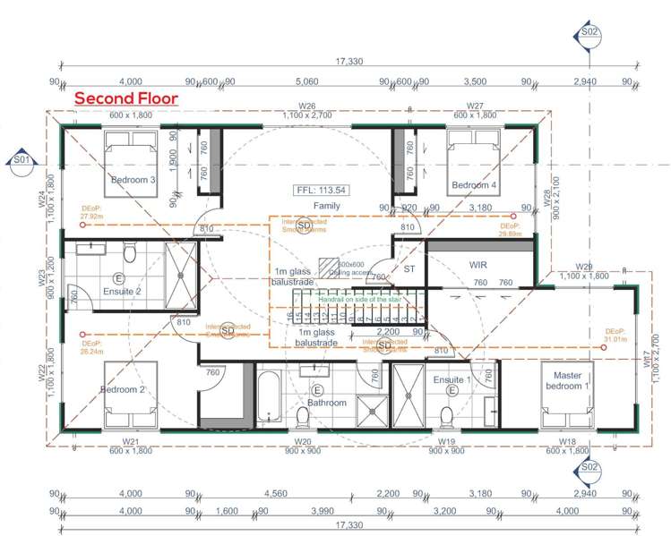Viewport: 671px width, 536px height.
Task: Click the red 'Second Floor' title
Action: point(126,98)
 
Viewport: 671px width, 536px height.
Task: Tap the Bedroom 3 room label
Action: point(133,180)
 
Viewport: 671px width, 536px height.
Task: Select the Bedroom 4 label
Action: point(471,185)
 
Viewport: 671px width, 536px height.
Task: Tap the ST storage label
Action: point(410,268)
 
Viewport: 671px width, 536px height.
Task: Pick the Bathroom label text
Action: point(326,403)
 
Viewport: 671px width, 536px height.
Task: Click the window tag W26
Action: point(307,106)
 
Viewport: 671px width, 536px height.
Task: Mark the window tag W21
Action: point(131,442)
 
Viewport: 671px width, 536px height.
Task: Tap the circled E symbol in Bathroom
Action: point(316,390)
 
